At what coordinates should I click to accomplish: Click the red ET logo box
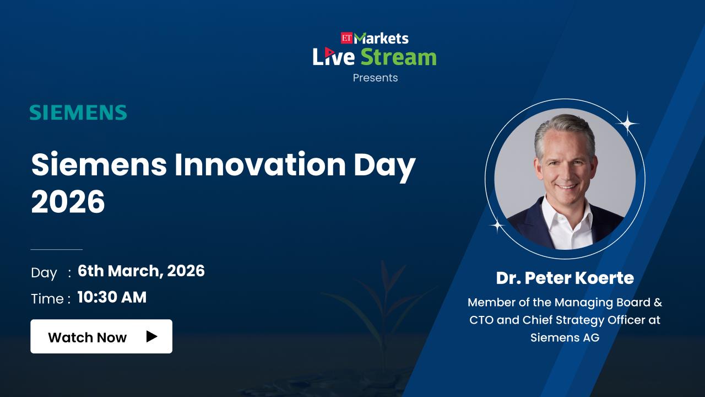pyautogui.click(x=346, y=38)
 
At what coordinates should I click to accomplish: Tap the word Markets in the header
pyautogui.click(x=381, y=39)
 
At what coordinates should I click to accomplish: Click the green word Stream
pyautogui.click(x=398, y=57)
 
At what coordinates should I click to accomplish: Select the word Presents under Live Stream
pyautogui.click(x=375, y=78)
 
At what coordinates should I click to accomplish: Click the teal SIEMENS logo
pyautogui.click(x=78, y=112)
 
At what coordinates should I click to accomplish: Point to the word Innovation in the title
pyautogui.click(x=260, y=165)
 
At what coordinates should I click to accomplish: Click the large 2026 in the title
pyautogui.click(x=68, y=202)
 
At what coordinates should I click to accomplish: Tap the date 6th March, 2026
pyautogui.click(x=141, y=271)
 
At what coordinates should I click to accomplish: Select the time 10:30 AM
pyautogui.click(x=112, y=297)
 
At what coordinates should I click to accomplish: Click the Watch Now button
pyautogui.click(x=101, y=336)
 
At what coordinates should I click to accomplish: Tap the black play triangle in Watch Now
pyautogui.click(x=151, y=336)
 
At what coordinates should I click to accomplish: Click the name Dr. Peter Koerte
pyautogui.click(x=565, y=278)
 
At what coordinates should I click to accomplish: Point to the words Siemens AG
pyautogui.click(x=565, y=338)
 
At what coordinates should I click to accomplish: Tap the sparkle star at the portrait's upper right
pyautogui.click(x=627, y=124)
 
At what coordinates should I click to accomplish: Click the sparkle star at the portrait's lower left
pyautogui.click(x=497, y=226)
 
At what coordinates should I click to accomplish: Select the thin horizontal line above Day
pyautogui.click(x=57, y=250)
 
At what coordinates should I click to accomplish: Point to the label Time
pyautogui.click(x=47, y=299)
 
